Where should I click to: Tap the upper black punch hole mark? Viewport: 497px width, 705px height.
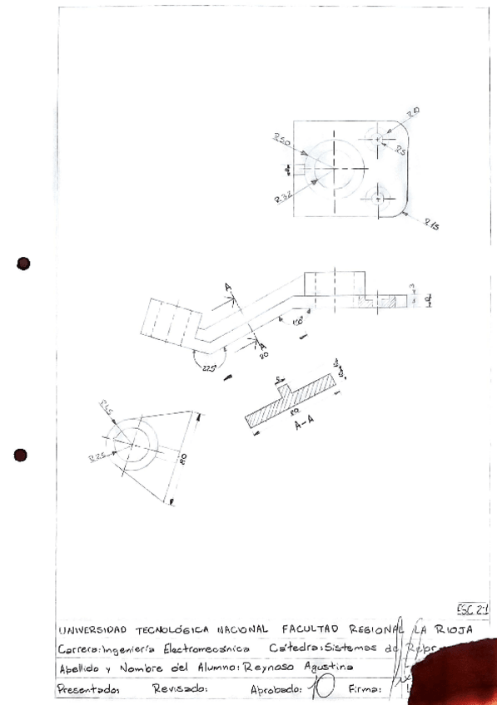pos(23,264)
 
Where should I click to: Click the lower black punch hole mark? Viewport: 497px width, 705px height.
pos(22,455)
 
